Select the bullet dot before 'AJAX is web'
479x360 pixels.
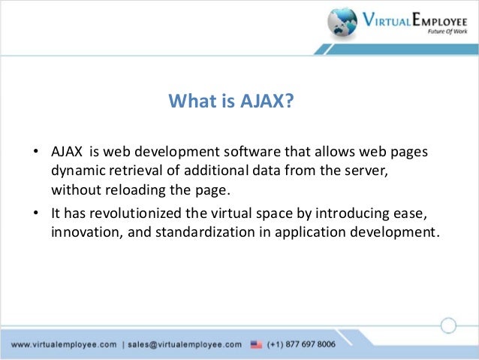click(x=35, y=153)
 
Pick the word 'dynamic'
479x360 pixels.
click(x=75, y=170)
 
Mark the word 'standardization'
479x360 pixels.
click(x=193, y=231)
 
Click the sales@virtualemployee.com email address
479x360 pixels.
click(x=185, y=344)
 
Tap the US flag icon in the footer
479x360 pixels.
click(x=257, y=344)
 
